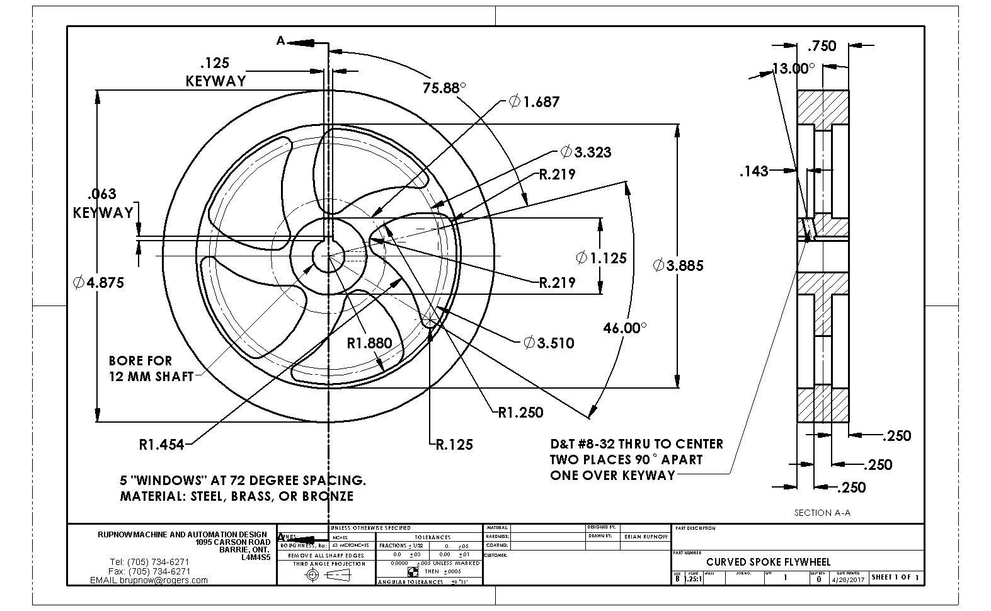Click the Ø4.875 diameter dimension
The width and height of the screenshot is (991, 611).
99,283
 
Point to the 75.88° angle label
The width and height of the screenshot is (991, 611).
444,88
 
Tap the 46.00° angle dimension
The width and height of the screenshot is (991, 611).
624,328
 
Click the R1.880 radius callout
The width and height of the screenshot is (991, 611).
369,343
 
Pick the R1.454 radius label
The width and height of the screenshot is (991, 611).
161,445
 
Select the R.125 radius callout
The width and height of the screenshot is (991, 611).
454,445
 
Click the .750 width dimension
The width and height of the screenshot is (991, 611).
822,46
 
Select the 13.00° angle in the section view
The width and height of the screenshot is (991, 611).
793,69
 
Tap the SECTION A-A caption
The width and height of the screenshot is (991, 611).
822,513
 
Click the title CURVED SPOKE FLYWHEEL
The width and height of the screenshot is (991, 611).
768,562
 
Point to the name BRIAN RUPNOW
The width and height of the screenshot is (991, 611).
645,537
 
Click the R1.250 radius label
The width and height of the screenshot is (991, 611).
520,413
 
